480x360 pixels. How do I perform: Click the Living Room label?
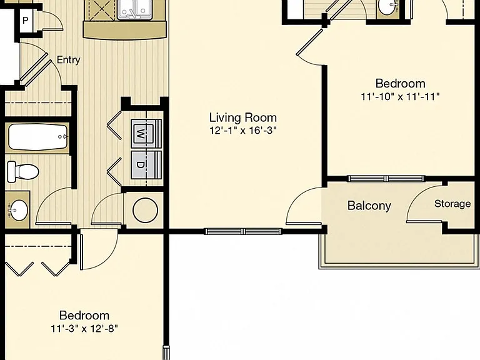(x=243, y=118)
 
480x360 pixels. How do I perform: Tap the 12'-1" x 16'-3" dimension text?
(x=243, y=131)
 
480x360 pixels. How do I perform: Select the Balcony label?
(x=369, y=206)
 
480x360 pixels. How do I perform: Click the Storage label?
(x=452, y=204)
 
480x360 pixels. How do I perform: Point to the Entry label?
(x=69, y=60)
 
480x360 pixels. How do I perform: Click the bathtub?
(x=38, y=137)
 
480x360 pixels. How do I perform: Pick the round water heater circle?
(x=146, y=210)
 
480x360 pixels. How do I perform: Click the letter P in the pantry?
(x=26, y=21)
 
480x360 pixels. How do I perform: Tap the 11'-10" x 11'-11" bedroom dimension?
(x=401, y=97)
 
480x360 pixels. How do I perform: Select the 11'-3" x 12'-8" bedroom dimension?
(x=84, y=329)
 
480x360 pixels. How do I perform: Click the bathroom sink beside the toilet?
(x=18, y=210)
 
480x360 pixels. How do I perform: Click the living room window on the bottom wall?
(x=243, y=231)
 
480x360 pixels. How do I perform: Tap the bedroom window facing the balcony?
(x=386, y=179)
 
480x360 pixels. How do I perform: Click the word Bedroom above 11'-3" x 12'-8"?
(x=84, y=316)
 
